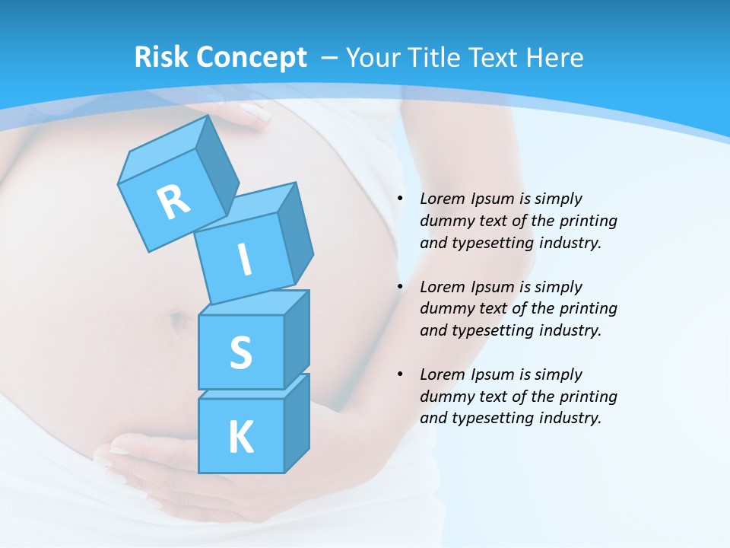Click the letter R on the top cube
tap(174, 202)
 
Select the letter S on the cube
tap(241, 353)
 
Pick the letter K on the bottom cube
tap(241, 438)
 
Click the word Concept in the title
tap(250, 58)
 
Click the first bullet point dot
tap(400, 199)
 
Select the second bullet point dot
tap(400, 287)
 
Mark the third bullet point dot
tap(400, 374)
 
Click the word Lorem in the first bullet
tap(440, 199)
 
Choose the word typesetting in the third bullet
tap(490, 418)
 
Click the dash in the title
tap(331, 58)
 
